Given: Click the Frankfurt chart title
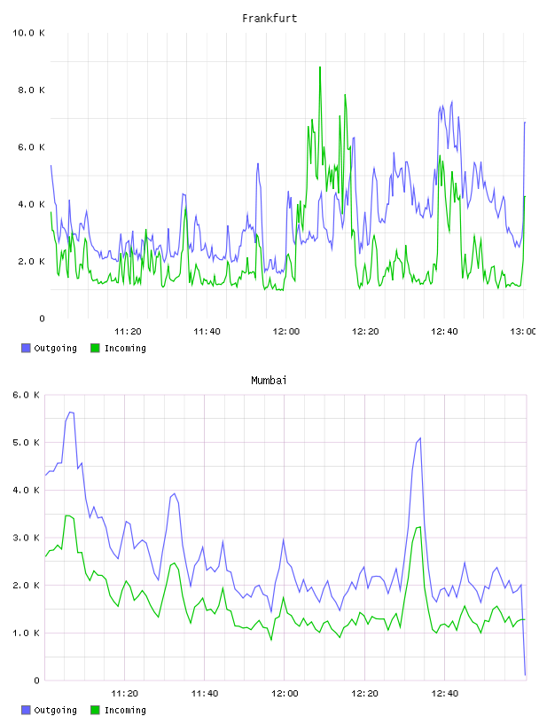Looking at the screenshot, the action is [x=269, y=19].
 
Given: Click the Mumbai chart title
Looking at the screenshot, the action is [x=269, y=381].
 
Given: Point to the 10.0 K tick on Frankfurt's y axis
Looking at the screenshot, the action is [x=28, y=33].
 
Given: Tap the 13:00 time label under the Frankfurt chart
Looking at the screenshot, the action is [x=523, y=332].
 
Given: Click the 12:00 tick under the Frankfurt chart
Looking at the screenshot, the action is [x=286, y=332].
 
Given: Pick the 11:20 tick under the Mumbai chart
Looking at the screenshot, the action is [x=125, y=694].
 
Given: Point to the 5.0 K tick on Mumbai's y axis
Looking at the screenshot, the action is [x=27, y=443].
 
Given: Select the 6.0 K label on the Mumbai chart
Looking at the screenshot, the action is [x=27, y=395].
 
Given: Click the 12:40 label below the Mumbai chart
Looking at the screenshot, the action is [x=445, y=694].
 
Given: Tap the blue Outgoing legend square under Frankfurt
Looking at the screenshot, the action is [x=26, y=348].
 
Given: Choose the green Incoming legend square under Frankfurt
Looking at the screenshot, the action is [x=95, y=348].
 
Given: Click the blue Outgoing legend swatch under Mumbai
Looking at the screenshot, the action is [x=26, y=710].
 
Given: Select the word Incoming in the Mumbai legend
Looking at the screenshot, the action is [x=125, y=710].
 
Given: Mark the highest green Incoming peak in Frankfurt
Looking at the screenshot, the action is [x=320, y=67].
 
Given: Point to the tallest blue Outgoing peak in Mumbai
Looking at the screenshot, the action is [x=71, y=413].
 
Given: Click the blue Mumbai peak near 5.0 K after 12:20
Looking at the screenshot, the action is [x=420, y=438].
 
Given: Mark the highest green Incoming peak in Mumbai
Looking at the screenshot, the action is [x=67, y=515].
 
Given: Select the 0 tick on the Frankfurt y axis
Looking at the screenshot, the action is [x=42, y=319].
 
